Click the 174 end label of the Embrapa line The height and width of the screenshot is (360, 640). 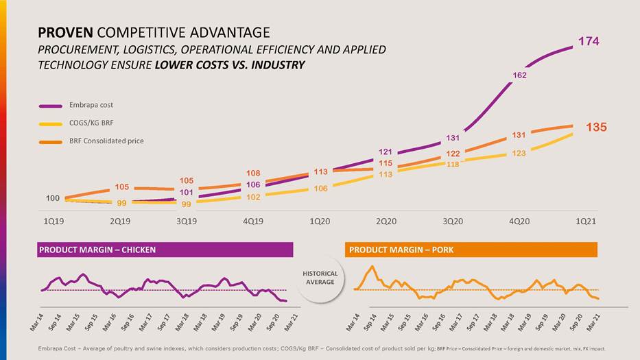[588, 42]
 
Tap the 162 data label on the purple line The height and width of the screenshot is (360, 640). [519, 75]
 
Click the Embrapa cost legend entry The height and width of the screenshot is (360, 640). [91, 105]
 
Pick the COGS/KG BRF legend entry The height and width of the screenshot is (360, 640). [92, 123]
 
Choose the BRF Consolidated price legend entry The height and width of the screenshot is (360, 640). [106, 141]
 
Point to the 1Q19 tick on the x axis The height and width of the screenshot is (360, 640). [54, 221]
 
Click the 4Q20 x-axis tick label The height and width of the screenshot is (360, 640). [519, 221]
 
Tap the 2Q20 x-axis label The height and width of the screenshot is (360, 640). [386, 221]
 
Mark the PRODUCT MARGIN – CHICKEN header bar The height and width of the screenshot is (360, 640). [165, 250]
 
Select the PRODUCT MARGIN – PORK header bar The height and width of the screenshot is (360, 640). [471, 250]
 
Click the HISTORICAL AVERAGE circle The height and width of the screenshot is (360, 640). [320, 278]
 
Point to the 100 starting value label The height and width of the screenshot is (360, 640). [53, 198]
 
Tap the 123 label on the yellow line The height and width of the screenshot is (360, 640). [519, 153]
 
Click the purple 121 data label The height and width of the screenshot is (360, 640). [385, 152]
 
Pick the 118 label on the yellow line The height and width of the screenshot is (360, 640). [453, 165]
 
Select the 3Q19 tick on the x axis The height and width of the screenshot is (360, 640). [187, 221]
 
